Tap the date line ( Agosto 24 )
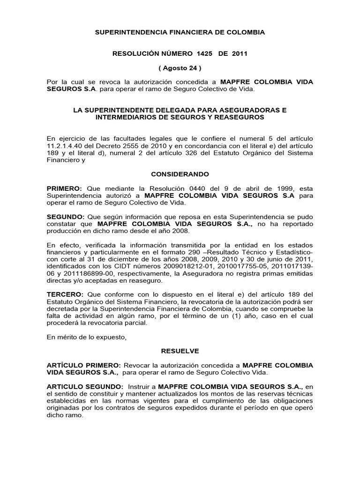[180, 68]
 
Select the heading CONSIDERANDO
[180, 174]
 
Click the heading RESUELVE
[180, 350]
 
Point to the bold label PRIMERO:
[65, 188]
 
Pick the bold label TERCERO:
[65, 294]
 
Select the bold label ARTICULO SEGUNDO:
[85, 387]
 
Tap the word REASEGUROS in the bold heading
[241, 117]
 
